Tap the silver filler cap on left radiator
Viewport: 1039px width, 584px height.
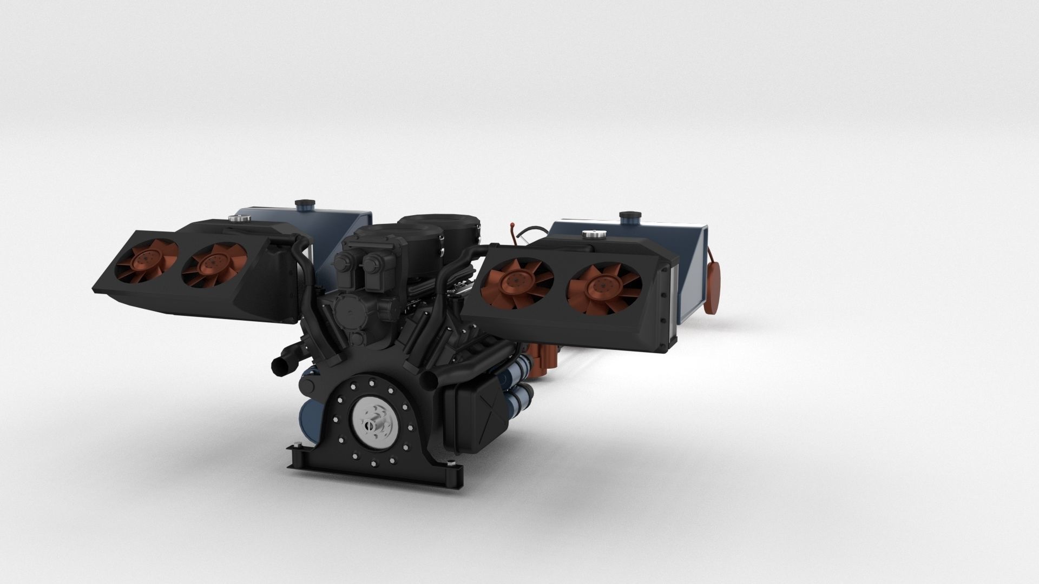tap(236, 219)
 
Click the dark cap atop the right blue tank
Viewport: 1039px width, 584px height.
tap(629, 218)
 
